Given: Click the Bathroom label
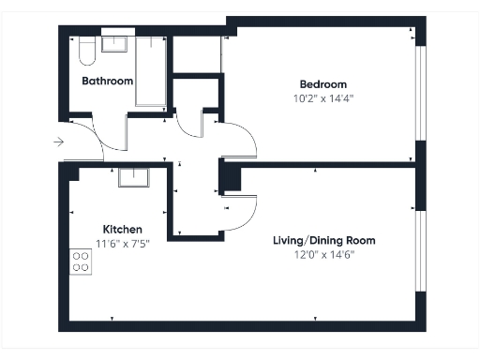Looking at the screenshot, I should (x=107, y=81).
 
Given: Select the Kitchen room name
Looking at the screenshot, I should (x=122, y=230).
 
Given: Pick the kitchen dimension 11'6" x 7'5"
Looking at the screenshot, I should (x=122, y=244).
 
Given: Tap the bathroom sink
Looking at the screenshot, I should (x=115, y=43).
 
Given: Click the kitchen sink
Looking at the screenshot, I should (x=135, y=176).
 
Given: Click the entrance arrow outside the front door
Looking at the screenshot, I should (x=58, y=142).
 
